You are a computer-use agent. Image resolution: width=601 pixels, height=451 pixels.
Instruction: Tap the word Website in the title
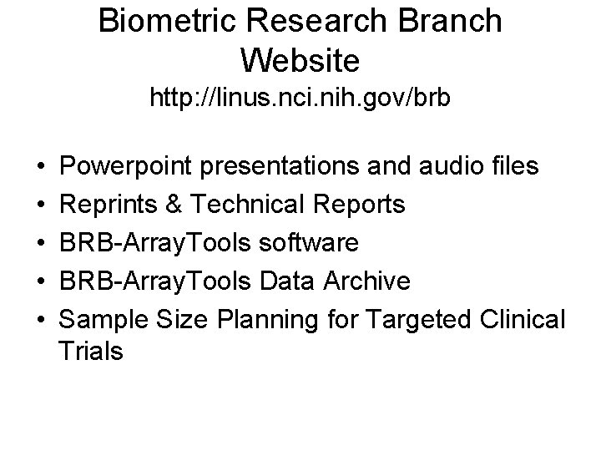(x=300, y=59)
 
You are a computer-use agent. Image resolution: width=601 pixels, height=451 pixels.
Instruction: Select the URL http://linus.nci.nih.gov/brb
(x=300, y=99)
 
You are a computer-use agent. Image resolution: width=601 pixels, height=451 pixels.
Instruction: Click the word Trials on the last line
(x=91, y=352)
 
